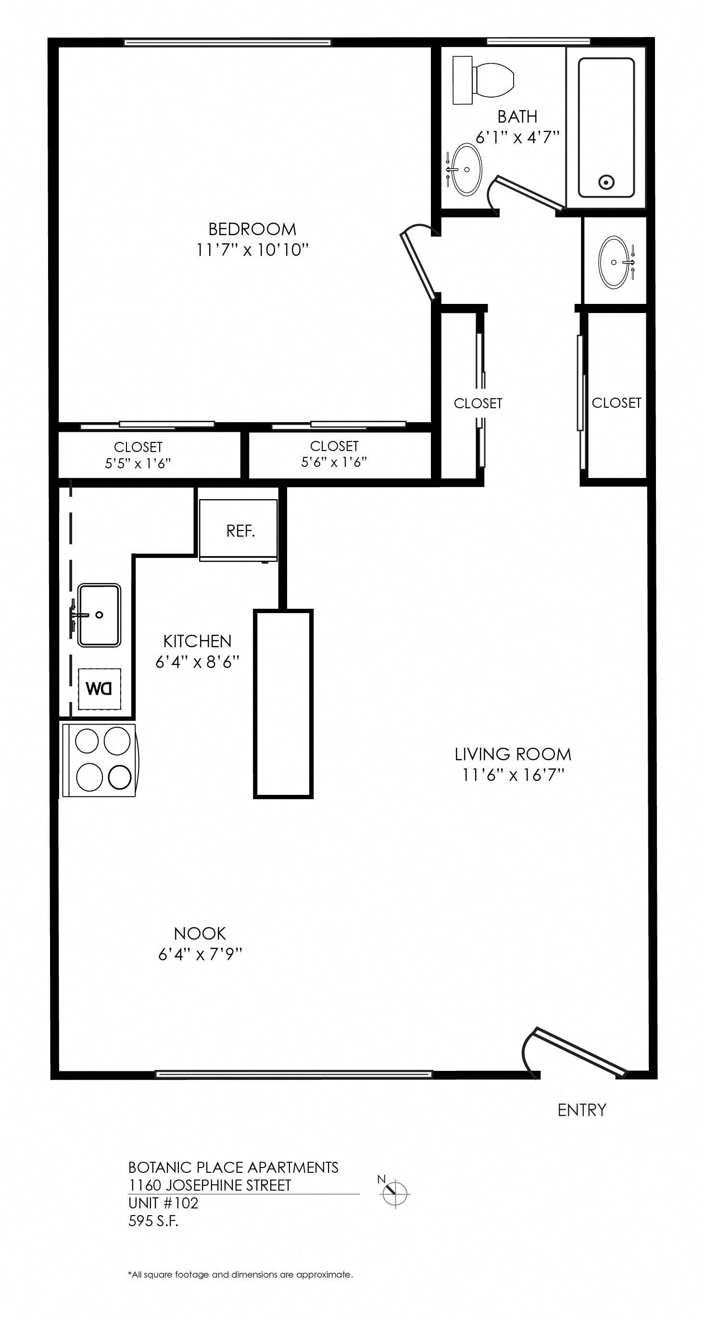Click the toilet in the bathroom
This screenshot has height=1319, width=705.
click(483, 80)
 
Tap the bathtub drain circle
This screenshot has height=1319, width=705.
click(607, 181)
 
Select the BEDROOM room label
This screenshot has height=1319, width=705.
click(252, 229)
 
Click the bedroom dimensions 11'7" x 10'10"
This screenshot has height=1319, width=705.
click(252, 250)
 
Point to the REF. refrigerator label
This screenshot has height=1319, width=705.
click(240, 531)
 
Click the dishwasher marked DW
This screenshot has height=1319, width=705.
click(100, 689)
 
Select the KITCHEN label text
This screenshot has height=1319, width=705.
click(197, 641)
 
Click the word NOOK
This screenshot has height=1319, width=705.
click(200, 933)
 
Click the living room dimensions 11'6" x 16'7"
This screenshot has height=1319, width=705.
click(513, 775)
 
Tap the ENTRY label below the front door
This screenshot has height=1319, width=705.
click(581, 1110)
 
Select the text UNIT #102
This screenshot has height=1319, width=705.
click(164, 1203)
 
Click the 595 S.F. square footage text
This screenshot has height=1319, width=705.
click(153, 1221)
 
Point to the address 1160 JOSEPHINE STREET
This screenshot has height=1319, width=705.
click(209, 1185)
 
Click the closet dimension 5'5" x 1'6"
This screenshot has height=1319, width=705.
click(138, 464)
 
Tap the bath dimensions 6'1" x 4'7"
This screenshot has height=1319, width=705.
click(517, 137)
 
